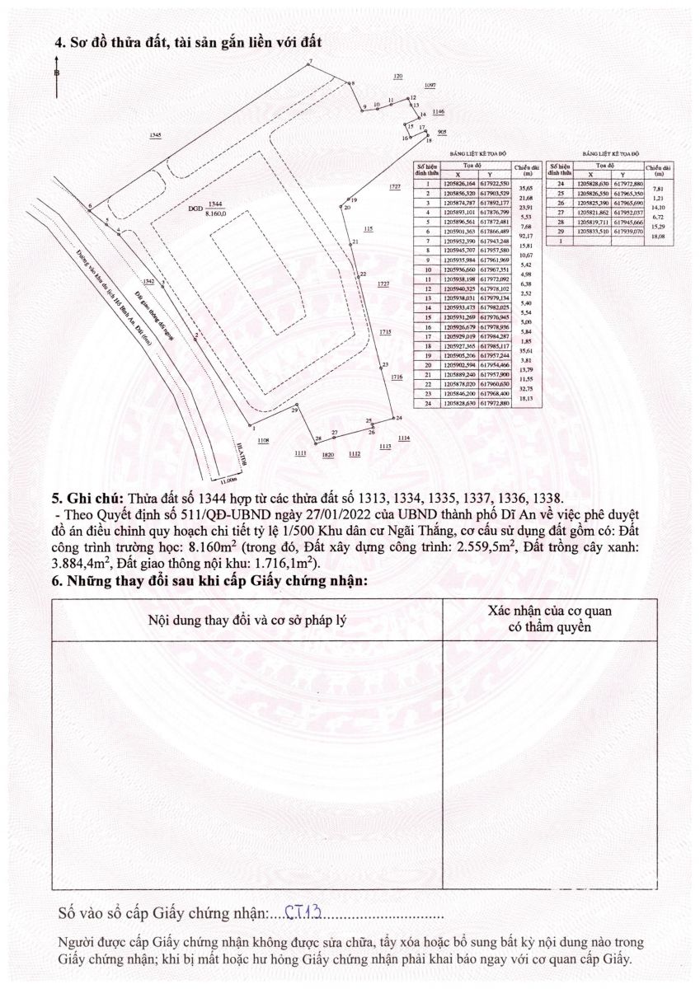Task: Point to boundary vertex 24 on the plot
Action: tap(392, 420)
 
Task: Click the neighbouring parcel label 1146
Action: tap(438, 111)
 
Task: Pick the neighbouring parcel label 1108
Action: tap(263, 442)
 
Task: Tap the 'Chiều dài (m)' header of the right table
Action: tap(657, 171)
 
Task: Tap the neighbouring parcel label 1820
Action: tap(327, 455)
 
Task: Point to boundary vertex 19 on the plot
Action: tap(348, 200)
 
